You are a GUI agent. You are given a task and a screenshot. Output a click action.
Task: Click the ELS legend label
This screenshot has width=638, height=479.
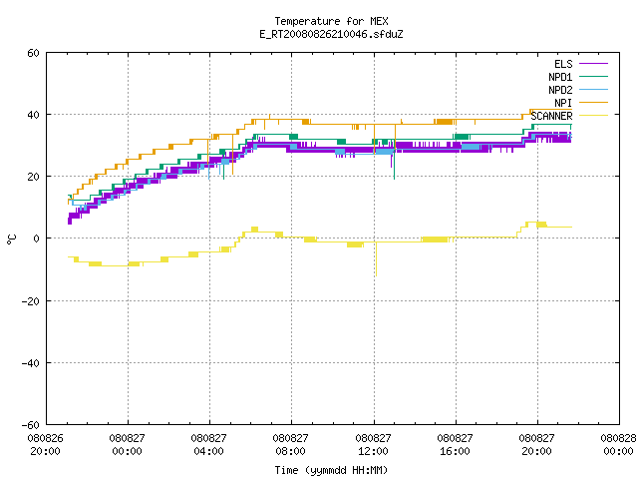(x=563, y=64)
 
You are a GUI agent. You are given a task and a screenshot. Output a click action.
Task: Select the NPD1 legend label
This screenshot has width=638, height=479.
(x=560, y=77)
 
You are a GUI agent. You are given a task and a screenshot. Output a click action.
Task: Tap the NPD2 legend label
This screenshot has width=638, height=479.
(x=560, y=90)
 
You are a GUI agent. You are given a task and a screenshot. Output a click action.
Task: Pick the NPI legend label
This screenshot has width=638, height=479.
(x=563, y=103)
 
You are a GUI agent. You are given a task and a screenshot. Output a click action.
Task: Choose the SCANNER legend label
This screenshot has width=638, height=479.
(x=551, y=116)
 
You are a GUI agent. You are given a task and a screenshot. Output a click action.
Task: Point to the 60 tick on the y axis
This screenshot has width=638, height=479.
(x=33, y=53)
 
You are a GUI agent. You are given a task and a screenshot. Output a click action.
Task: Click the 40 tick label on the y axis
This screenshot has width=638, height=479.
(x=33, y=115)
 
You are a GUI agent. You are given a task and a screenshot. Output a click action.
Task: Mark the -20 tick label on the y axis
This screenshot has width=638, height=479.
(x=31, y=301)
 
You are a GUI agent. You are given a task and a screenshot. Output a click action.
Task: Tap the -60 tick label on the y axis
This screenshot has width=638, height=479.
(x=31, y=425)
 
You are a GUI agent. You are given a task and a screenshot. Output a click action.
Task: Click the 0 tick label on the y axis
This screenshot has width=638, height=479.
(x=37, y=239)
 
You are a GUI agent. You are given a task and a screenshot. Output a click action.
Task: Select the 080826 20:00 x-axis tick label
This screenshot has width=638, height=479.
(x=45, y=445)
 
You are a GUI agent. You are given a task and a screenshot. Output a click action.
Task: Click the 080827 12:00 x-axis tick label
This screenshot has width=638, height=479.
(x=373, y=445)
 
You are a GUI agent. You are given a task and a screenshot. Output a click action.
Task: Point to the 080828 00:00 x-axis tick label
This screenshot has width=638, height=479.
(x=618, y=445)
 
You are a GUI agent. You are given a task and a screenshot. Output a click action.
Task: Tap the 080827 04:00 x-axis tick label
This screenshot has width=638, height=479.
(x=208, y=445)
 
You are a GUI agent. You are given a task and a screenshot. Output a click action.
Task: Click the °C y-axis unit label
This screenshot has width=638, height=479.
(x=11, y=239)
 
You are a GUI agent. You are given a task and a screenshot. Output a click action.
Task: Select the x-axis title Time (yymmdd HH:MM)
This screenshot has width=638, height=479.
(x=331, y=470)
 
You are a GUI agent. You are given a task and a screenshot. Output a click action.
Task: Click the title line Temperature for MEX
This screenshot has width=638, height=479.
(x=331, y=21)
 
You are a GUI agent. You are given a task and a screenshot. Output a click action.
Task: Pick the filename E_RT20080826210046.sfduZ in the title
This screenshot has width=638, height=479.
(x=331, y=34)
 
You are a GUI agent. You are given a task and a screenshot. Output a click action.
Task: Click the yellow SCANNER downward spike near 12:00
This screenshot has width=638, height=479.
(x=376, y=259)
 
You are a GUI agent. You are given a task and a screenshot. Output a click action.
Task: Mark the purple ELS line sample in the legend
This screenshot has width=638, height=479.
(x=594, y=64)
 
